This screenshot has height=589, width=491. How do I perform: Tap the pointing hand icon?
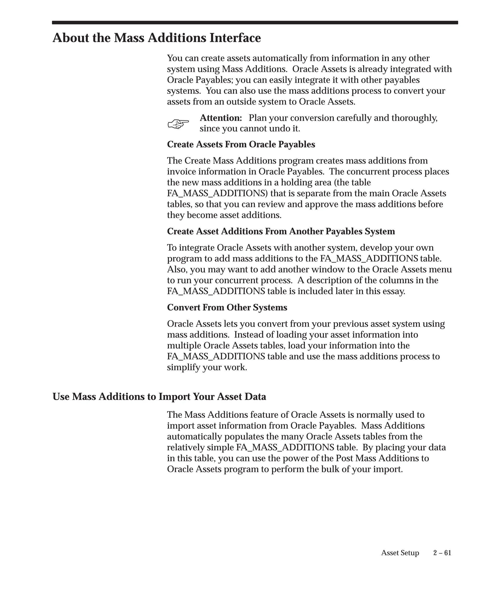[x=178, y=123]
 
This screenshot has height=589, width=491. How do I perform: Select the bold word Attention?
[x=221, y=118]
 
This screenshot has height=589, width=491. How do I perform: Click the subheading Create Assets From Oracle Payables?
[x=241, y=144]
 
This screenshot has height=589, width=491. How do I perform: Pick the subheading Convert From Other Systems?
[x=227, y=307]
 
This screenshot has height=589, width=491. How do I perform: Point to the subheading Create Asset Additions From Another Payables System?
[x=281, y=231]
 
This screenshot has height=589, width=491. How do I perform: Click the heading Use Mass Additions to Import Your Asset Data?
[x=159, y=397]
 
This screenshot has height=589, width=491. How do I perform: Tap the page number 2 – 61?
[x=442, y=553]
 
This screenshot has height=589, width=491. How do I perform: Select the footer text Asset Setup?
[x=400, y=553]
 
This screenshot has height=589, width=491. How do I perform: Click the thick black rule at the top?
[x=255, y=23]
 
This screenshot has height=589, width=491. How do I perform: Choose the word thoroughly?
[x=414, y=118]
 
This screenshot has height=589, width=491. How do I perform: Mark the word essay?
[x=395, y=291]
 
